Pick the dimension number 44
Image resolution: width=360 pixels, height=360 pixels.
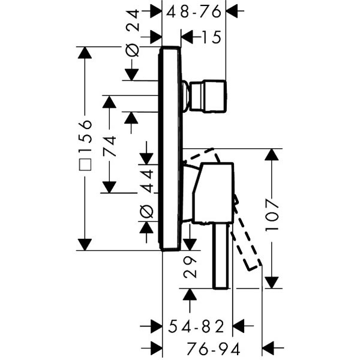tap(147, 178)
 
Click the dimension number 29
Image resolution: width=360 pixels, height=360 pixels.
tap(190, 266)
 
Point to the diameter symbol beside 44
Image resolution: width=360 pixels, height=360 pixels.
tap(147, 211)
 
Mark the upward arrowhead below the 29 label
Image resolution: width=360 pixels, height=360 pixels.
tap(190, 295)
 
